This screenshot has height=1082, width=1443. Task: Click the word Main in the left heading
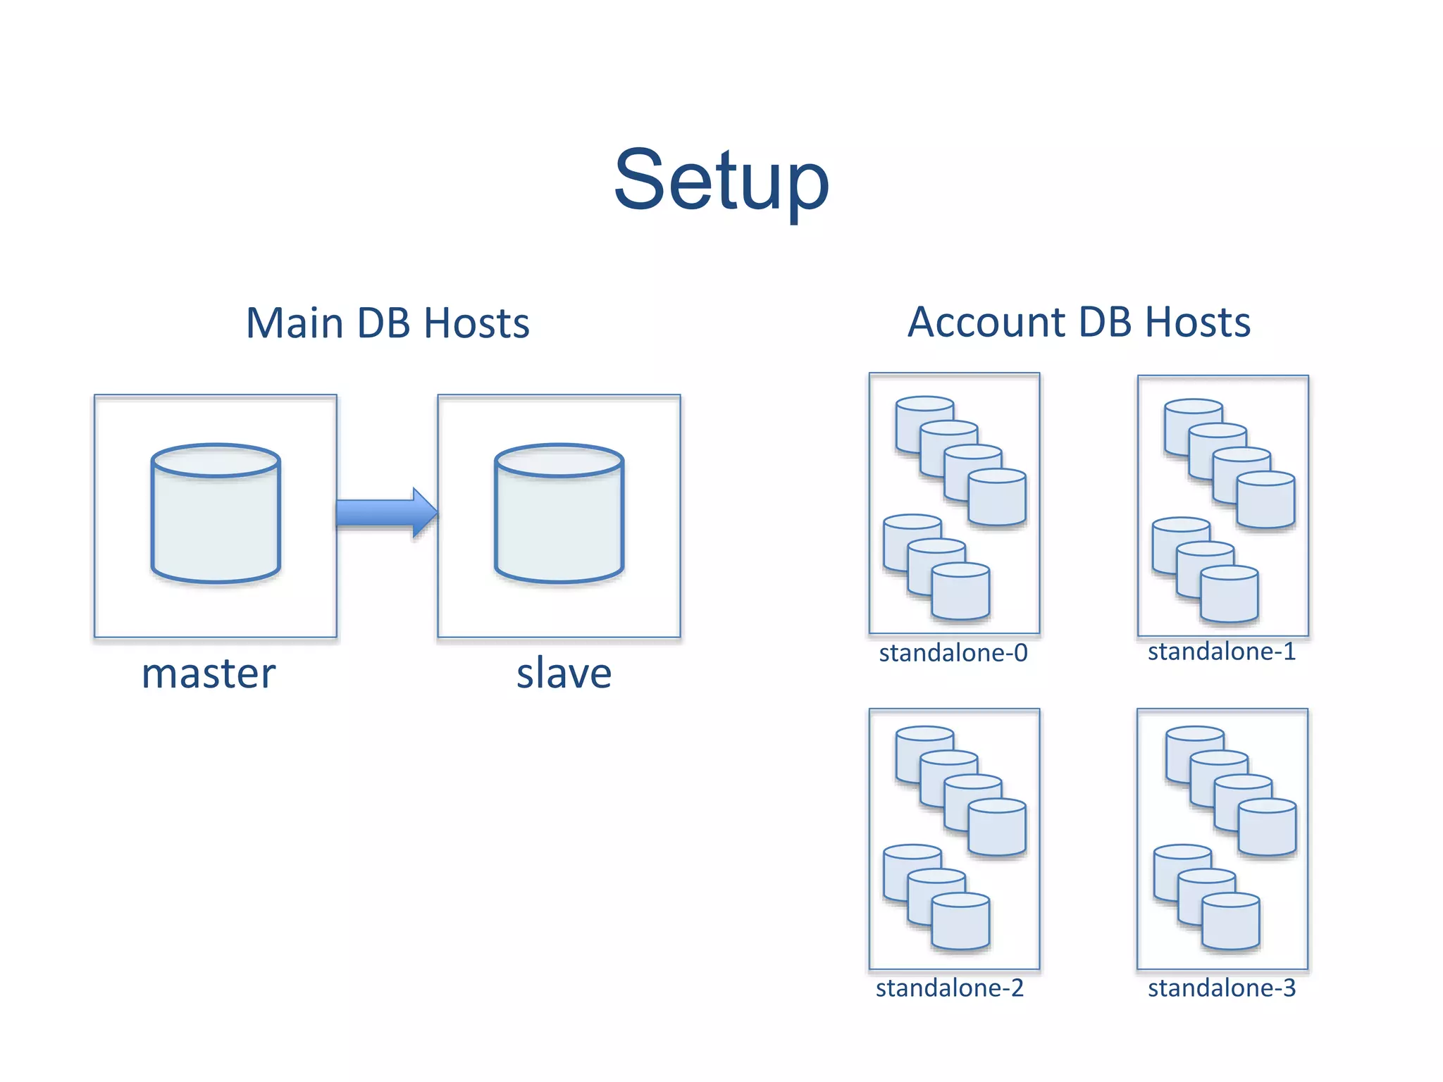pyautogui.click(x=295, y=323)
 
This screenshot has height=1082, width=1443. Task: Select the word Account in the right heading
pyautogui.click(x=985, y=322)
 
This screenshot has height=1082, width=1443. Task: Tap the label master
pyautogui.click(x=209, y=673)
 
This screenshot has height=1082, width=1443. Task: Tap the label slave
pyautogui.click(x=564, y=673)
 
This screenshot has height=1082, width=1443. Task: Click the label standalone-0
pyautogui.click(x=953, y=653)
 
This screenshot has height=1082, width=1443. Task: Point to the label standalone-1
pyautogui.click(x=1222, y=652)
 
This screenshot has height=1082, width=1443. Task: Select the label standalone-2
pyautogui.click(x=949, y=988)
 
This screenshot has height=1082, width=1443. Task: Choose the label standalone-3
pyautogui.click(x=1222, y=988)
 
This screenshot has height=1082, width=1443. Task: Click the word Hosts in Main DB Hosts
pyautogui.click(x=476, y=323)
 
